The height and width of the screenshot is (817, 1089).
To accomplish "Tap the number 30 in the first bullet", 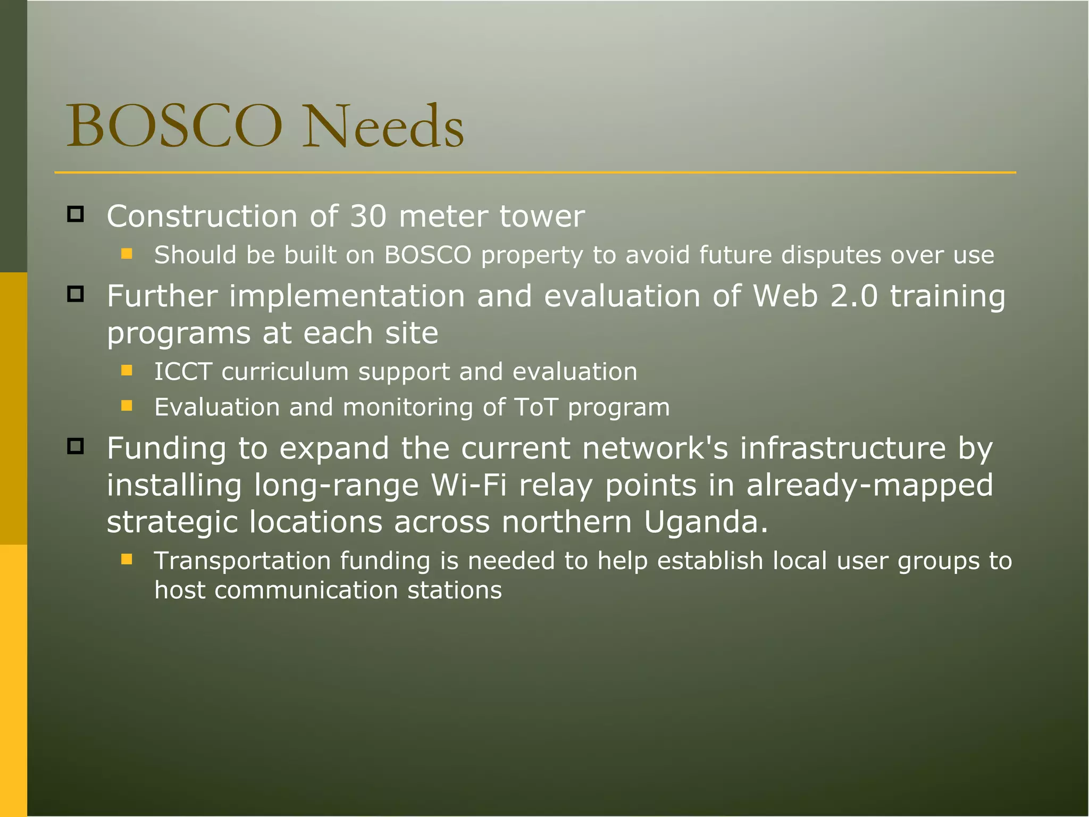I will pos(368,216).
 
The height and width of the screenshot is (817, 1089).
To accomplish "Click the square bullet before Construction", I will pos(76,214).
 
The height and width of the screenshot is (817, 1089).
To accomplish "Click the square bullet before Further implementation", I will pos(76,294).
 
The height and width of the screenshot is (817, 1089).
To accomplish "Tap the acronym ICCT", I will pos(183,371).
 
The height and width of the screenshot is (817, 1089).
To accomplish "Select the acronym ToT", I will pos(536,407).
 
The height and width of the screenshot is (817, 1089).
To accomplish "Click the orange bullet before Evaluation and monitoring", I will pos(127,406).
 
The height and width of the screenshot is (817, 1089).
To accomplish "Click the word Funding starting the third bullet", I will pos(166,448).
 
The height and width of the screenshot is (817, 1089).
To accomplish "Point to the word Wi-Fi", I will pos(468,485).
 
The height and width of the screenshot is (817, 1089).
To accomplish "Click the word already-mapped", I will pos(869,485).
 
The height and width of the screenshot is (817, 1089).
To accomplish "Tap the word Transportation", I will pos(242,561).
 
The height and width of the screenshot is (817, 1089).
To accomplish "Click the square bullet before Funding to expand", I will pos(76,446).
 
